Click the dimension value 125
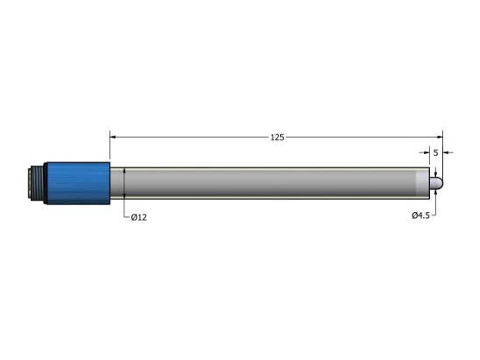coord(277,137)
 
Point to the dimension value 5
coord(435,152)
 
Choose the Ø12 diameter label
coord(138,217)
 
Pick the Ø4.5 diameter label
coord(420,215)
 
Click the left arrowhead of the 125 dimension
coord(113,137)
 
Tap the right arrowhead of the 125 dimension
coord(440,137)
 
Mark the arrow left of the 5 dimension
coord(427,152)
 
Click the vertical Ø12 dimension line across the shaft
coord(125,184)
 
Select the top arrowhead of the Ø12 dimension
coord(125,170)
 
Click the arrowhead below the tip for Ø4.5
coord(434,194)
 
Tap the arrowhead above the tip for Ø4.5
coord(434,173)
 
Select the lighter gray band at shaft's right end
coord(421,184)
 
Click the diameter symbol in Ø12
coord(133,217)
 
